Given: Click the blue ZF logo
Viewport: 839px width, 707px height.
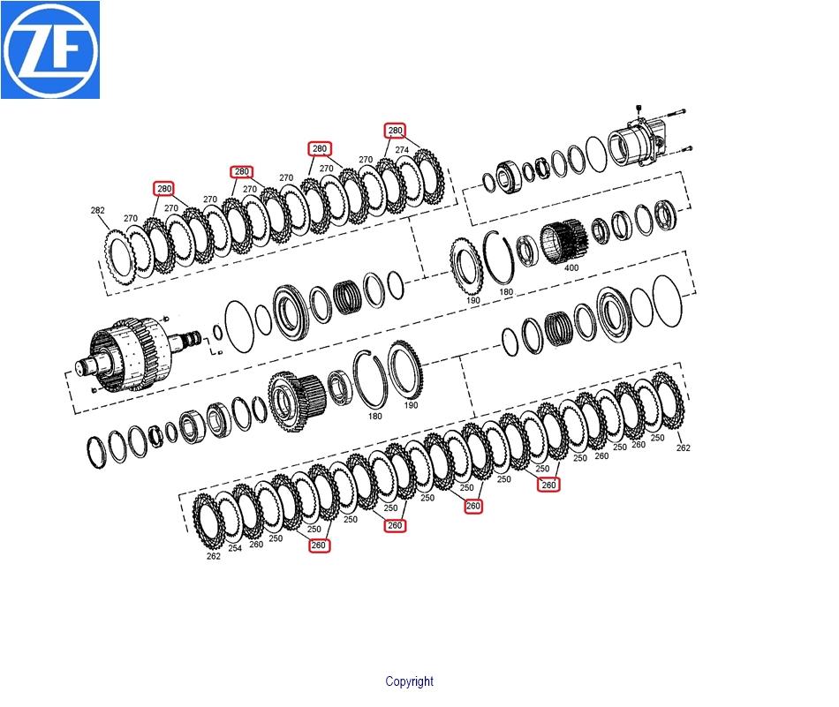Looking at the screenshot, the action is pos(50,49).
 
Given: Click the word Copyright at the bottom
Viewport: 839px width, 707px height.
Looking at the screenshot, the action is pos(409,681).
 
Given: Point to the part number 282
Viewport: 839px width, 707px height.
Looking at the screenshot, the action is pos(97,210).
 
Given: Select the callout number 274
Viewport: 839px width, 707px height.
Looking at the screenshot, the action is pos(402,150).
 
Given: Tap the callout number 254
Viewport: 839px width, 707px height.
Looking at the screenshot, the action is pos(235,547).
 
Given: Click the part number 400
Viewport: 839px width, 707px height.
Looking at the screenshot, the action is pos(571,267).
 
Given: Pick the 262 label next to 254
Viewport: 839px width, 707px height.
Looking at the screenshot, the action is pos(214,556).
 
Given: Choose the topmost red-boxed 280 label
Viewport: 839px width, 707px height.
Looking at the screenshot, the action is pos(395,131).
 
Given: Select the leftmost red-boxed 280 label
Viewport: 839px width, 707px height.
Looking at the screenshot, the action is pos(163,189).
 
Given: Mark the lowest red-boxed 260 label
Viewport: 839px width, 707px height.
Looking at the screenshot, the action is pos(318,545).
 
